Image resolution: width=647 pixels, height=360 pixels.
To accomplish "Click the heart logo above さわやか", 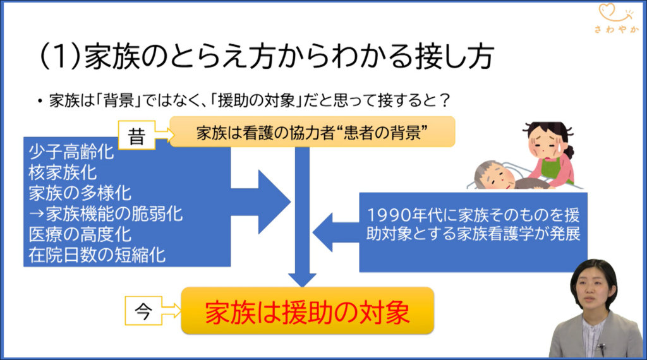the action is point(615,13).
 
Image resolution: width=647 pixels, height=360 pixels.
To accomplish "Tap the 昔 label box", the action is point(136,135).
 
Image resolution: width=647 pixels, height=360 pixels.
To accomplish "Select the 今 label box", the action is point(143,311).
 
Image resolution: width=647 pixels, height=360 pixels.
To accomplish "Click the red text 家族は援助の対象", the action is point(308,312).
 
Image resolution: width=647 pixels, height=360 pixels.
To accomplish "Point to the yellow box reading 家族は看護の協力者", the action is point(312,132).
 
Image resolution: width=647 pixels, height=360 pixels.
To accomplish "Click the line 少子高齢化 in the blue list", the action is point(71,152).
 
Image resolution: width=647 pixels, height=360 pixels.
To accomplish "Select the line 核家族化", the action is point(63,173).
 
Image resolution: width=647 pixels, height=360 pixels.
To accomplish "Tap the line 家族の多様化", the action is point(80,193).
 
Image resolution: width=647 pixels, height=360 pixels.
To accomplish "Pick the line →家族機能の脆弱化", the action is point(106,214).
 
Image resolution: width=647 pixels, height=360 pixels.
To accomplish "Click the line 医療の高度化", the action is point(80,235).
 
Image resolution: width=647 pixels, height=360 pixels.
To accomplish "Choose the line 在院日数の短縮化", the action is point(97,255).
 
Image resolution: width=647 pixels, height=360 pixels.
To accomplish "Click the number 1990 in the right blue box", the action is point(387,215).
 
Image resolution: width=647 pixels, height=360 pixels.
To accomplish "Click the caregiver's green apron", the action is point(555,169).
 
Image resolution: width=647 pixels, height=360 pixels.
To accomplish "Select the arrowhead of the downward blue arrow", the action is point(302,280).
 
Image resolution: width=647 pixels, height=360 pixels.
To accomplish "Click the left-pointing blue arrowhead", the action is point(322,232).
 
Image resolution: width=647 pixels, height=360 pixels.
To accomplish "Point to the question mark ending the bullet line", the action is point(444,100).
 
